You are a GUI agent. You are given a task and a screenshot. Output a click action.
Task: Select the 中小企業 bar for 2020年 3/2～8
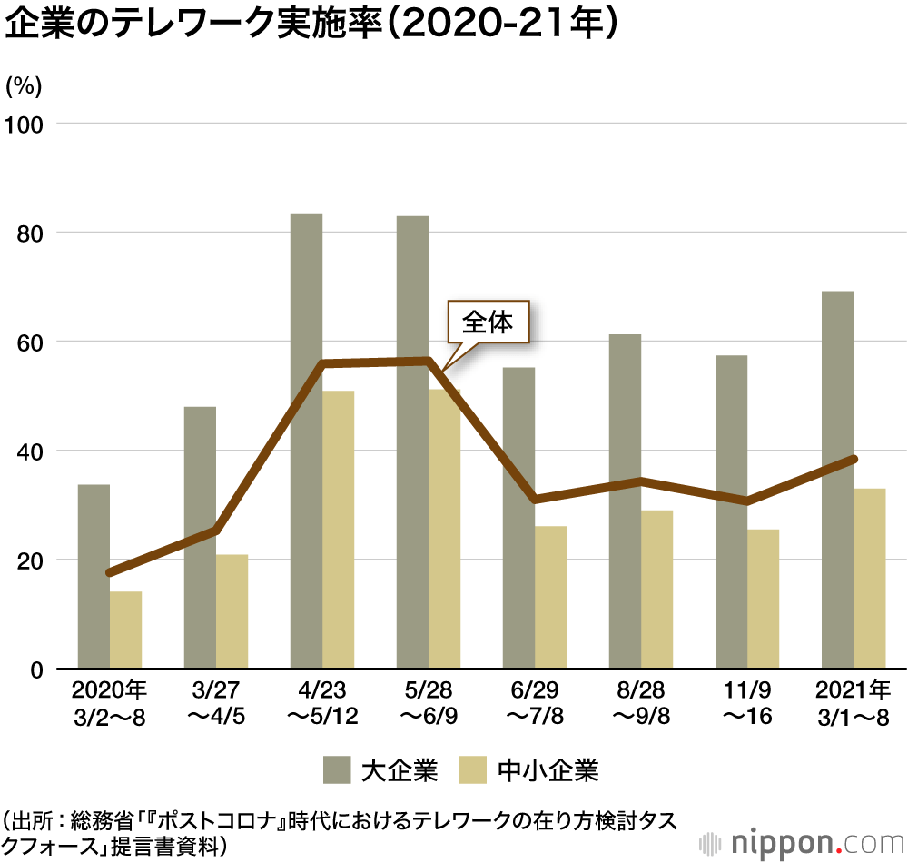tap(125, 630)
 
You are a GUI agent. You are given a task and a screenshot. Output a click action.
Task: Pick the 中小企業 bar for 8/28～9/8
tap(656, 590)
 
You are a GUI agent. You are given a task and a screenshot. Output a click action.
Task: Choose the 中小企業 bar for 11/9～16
tap(763, 600)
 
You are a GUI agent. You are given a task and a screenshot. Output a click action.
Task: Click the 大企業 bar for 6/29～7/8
tap(518, 518)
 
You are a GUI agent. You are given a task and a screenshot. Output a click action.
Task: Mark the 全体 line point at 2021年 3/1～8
tap(854, 460)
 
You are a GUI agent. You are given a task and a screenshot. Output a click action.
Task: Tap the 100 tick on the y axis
tap(24, 124)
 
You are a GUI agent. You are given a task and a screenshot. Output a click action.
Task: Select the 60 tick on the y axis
tap(29, 342)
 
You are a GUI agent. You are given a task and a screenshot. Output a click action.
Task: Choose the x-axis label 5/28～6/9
tap(429, 702)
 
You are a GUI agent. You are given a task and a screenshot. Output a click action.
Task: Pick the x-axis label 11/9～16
tap(747, 702)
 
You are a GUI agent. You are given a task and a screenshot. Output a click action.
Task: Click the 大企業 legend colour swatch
tap(336, 771)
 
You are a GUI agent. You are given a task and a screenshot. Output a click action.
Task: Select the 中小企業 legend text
tap(548, 771)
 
